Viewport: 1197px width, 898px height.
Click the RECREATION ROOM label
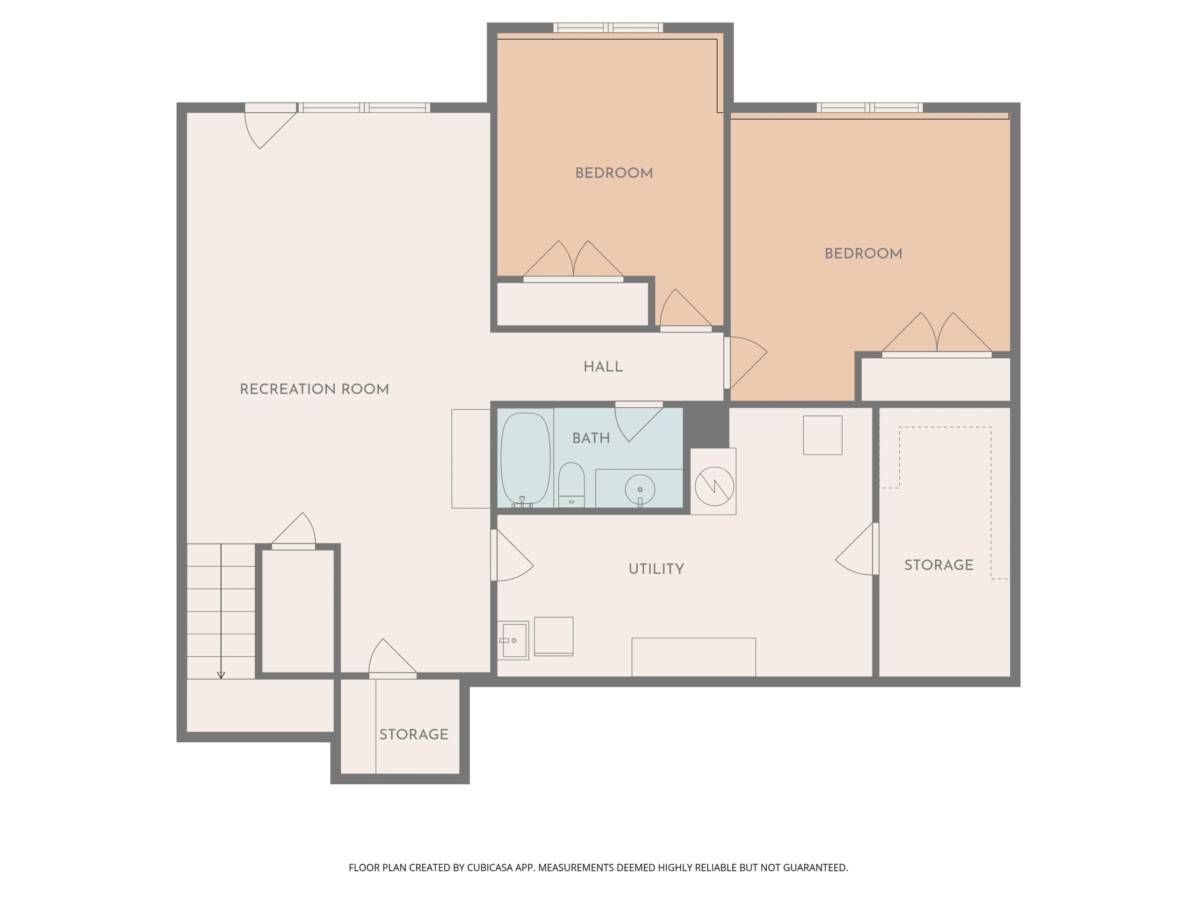pyautogui.click(x=314, y=389)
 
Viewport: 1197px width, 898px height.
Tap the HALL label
pyautogui.click(x=603, y=367)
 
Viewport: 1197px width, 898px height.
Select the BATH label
pyautogui.click(x=591, y=438)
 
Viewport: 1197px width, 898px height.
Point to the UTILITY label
pyautogui.click(x=656, y=569)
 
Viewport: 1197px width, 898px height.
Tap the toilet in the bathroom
pyautogui.click(x=571, y=485)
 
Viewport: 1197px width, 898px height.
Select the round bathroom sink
pyautogui.click(x=640, y=489)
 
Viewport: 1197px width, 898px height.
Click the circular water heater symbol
pyautogui.click(x=714, y=486)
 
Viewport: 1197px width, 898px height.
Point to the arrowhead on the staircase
pyautogui.click(x=221, y=675)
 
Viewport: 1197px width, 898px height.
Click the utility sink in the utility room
pyautogui.click(x=512, y=640)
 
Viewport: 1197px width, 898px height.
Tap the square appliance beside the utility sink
pyautogui.click(x=554, y=637)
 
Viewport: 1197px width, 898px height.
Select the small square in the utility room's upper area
pyautogui.click(x=822, y=435)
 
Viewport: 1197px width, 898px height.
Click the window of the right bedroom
pyautogui.click(x=870, y=108)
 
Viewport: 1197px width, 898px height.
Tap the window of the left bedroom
pyautogui.click(x=608, y=28)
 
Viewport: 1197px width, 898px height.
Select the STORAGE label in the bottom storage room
pyautogui.click(x=414, y=734)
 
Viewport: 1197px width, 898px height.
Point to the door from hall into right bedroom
pyautogui.click(x=745, y=362)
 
